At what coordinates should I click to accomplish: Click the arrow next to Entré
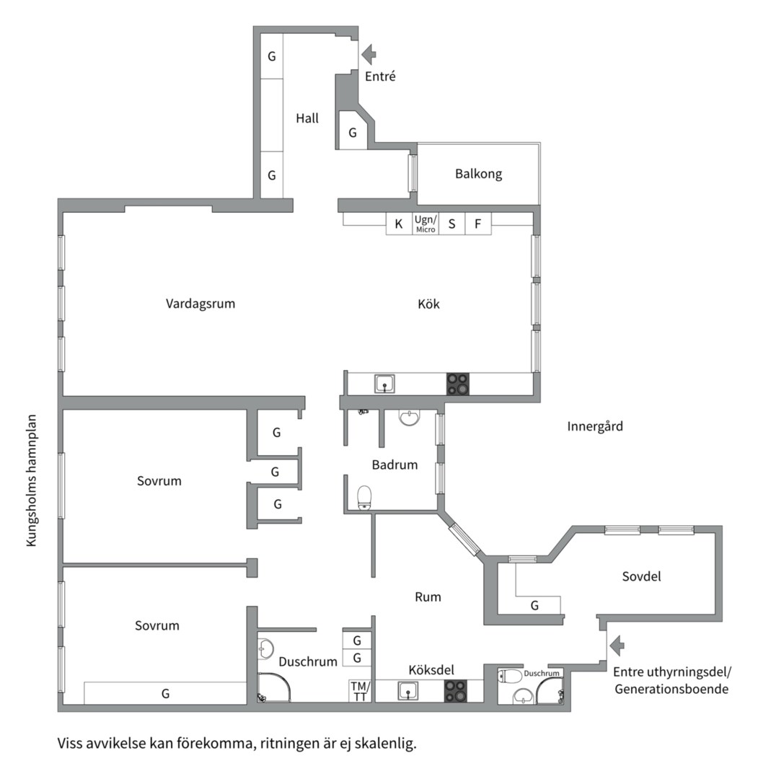(x=369, y=54)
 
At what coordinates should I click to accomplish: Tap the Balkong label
(x=478, y=174)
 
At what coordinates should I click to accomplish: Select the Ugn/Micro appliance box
(x=426, y=224)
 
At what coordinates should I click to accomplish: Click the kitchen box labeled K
(x=399, y=224)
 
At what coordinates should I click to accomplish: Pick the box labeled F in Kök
(x=478, y=224)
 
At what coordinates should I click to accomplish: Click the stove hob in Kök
(x=457, y=384)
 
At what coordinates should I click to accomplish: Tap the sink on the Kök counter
(x=384, y=384)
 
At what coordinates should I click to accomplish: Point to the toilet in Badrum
(x=365, y=498)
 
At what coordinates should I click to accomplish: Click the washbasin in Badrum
(x=410, y=418)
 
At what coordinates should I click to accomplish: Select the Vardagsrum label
(x=200, y=304)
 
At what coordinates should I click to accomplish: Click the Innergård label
(x=595, y=426)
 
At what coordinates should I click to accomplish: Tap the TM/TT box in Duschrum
(x=360, y=691)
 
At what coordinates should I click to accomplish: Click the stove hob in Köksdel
(x=456, y=690)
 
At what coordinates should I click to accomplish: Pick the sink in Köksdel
(x=407, y=690)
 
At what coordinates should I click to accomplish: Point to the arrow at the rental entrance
(x=617, y=646)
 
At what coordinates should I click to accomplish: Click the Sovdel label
(x=641, y=576)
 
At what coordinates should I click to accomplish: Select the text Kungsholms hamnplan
(x=31, y=481)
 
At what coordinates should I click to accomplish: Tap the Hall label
(x=307, y=118)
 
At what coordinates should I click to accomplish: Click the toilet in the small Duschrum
(x=510, y=676)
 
